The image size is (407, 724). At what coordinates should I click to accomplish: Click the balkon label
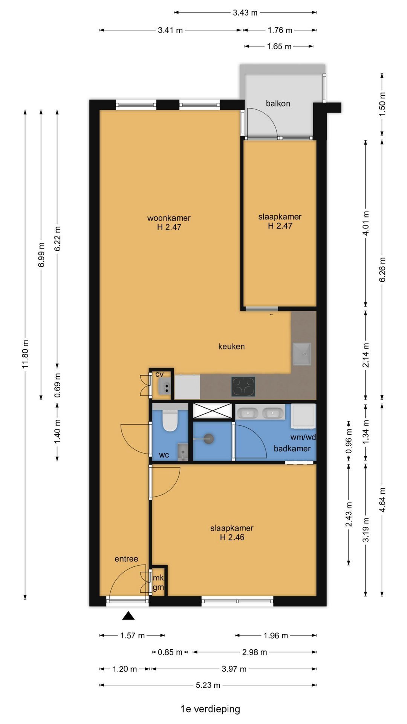[x=278, y=103]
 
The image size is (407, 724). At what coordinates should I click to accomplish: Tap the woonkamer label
[x=169, y=218]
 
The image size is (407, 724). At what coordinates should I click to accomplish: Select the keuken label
[x=231, y=346]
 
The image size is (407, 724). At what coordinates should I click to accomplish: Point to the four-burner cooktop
[x=243, y=387]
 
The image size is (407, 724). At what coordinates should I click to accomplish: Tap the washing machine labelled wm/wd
[x=303, y=416]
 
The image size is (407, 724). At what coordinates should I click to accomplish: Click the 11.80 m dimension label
[x=25, y=354]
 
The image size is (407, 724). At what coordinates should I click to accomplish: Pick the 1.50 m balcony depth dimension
[x=382, y=104]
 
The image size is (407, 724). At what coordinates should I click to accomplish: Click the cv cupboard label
[x=159, y=374]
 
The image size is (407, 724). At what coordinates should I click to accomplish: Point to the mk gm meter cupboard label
[x=158, y=583]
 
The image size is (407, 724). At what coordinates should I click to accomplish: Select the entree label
[x=126, y=559]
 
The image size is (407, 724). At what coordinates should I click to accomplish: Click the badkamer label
[x=292, y=448]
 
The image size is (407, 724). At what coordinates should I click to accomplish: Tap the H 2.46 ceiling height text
[x=232, y=537]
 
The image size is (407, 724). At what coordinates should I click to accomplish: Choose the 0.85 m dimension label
[x=170, y=652]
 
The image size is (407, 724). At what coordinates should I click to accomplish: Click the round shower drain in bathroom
[x=209, y=439]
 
